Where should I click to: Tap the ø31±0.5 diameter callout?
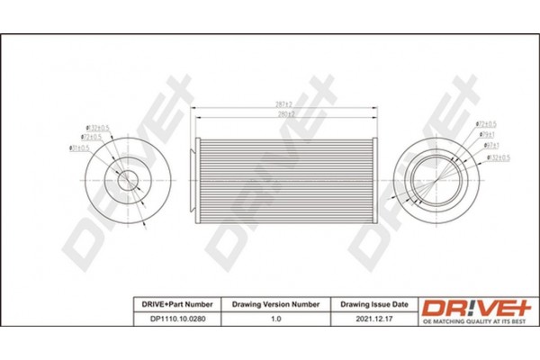[x=78, y=147]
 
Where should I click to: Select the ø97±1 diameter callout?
[x=492, y=144]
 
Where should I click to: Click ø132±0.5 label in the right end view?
[x=500, y=157]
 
